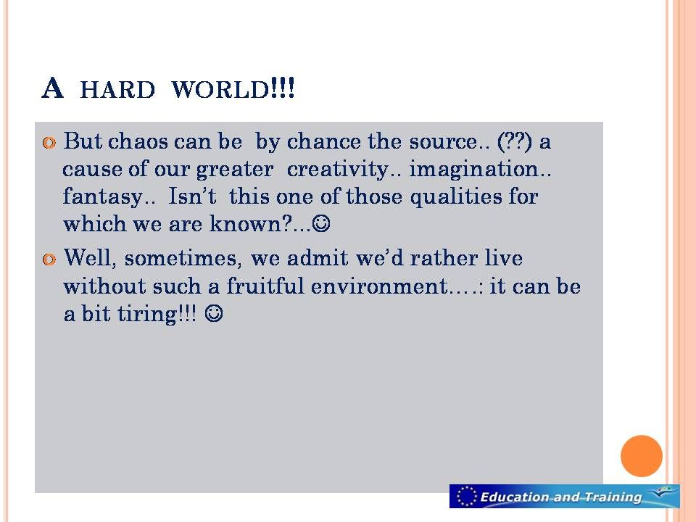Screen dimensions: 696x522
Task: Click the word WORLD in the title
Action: pyautogui.click(x=220, y=89)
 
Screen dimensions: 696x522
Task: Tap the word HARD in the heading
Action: pyautogui.click(x=117, y=90)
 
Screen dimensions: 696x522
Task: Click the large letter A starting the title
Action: pyautogui.click(x=52, y=88)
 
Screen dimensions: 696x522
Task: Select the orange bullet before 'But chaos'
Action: pyautogui.click(x=49, y=143)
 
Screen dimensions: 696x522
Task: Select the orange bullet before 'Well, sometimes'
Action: pyautogui.click(x=49, y=260)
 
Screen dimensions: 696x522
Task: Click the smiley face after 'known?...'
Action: pyautogui.click(x=321, y=223)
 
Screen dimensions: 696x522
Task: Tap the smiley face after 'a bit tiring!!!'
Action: pyautogui.click(x=213, y=314)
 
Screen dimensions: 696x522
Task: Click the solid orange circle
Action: pyautogui.click(x=642, y=456)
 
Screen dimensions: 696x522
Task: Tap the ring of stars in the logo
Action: pyautogui.click(x=467, y=496)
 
